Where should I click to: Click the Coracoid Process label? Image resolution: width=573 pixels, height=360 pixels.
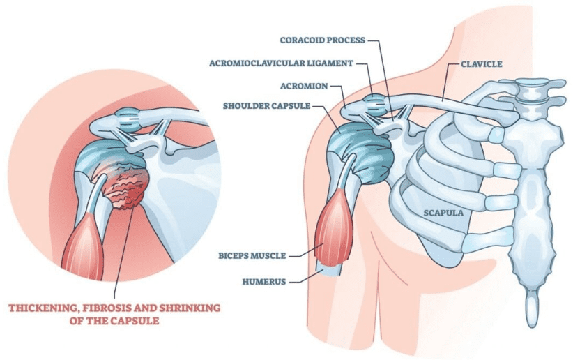click(321, 40)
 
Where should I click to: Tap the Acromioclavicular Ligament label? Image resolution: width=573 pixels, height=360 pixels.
click(280, 63)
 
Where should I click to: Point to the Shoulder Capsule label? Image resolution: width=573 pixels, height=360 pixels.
click(265, 106)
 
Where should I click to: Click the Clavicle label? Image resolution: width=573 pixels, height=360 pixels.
click(482, 63)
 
